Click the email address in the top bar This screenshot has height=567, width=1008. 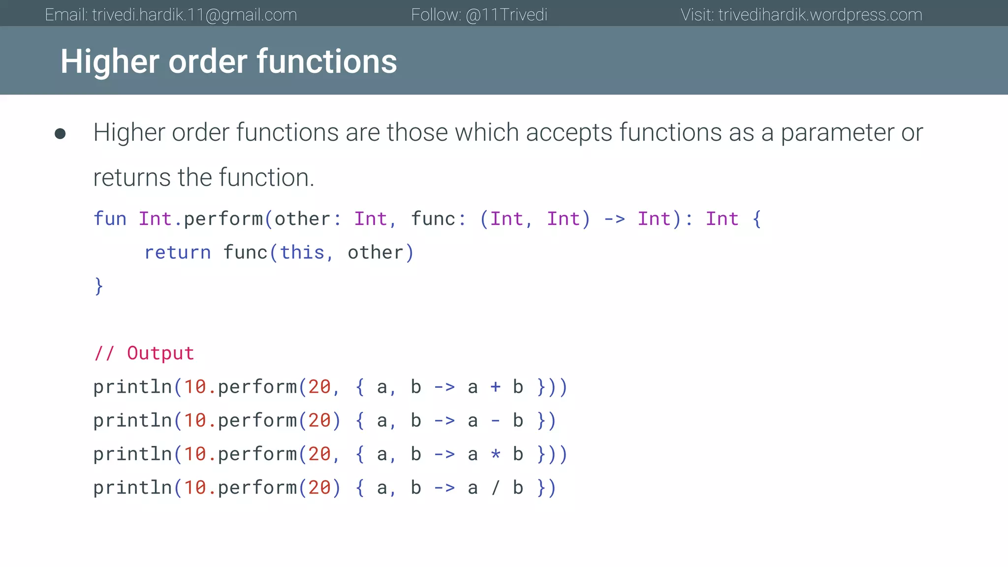[194, 15]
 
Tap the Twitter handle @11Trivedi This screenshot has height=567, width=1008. [506, 15]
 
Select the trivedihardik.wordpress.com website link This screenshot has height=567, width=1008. [820, 15]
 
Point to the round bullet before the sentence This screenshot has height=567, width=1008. [60, 134]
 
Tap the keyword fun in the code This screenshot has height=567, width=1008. [110, 219]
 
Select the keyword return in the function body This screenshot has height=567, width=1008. [177, 252]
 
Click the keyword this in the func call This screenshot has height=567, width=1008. [302, 252]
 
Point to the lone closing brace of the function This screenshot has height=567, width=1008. [99, 286]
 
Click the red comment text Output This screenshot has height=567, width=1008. [160, 353]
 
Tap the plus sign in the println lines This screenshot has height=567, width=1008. [496, 387]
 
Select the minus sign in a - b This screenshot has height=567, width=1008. [496, 421]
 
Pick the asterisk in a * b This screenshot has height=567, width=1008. [496, 454]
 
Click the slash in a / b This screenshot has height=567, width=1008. [496, 488]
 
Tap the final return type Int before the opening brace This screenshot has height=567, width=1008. [722, 219]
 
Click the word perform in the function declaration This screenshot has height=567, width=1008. [223, 219]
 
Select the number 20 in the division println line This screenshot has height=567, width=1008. [319, 488]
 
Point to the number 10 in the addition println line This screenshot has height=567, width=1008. [195, 387]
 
